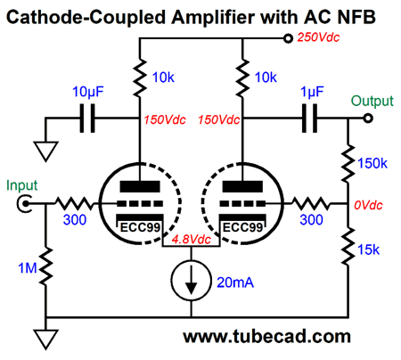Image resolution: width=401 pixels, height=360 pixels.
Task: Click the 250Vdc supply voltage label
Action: [318, 37]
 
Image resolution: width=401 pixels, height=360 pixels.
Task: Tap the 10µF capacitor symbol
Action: [87, 118]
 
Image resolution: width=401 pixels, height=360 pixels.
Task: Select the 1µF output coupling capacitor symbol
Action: [309, 118]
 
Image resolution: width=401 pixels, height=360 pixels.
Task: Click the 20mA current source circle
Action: [191, 280]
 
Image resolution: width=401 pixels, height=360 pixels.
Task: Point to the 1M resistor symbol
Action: [46, 266]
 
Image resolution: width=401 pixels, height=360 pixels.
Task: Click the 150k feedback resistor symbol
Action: [348, 163]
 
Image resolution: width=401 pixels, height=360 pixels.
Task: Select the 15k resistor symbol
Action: [348, 246]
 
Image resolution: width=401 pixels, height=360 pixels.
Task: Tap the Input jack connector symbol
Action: [24, 204]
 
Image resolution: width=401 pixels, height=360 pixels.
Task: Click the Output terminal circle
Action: [368, 119]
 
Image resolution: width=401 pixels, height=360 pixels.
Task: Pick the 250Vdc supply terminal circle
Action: [288, 38]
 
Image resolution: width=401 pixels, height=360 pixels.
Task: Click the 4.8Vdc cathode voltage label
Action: [192, 240]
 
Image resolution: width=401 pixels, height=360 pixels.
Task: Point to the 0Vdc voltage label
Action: [368, 205]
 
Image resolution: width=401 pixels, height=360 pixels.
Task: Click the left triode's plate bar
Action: [140, 186]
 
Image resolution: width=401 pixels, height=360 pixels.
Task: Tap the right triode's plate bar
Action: [242, 186]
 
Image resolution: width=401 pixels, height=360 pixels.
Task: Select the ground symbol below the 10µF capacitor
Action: [45, 151]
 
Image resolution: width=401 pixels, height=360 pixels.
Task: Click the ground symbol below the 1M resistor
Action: [45, 340]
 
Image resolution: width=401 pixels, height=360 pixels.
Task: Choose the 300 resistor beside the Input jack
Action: [75, 203]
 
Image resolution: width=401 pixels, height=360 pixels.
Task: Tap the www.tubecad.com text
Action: [266, 336]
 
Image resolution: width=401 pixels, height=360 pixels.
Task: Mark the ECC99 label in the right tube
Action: [242, 227]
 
